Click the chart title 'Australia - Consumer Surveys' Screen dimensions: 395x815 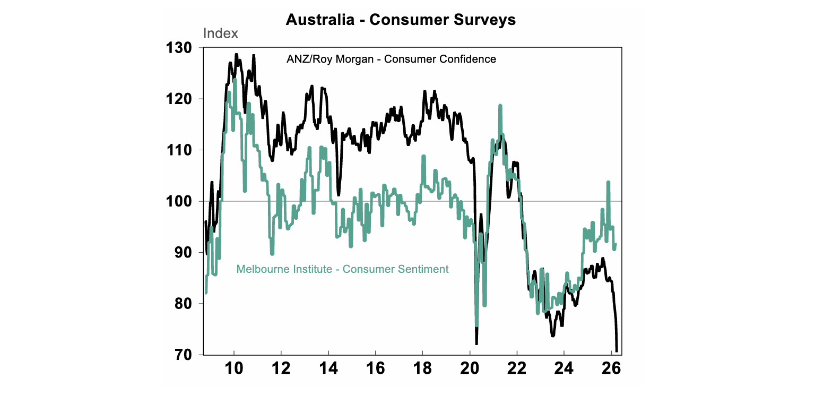pos(401,20)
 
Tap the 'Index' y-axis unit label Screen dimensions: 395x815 pos(221,33)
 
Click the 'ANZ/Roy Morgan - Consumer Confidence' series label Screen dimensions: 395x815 pos(391,59)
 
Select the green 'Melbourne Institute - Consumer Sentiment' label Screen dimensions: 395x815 pos(342,269)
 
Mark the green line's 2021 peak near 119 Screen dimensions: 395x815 pos(500,106)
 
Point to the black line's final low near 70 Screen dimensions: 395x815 pos(617,350)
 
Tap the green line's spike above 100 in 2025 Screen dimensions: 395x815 pos(608,182)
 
